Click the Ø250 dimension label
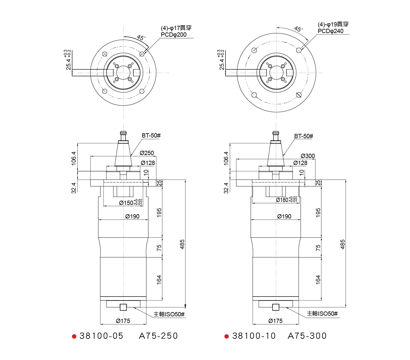(147, 153)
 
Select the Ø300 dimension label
(308, 156)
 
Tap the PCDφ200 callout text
(174, 35)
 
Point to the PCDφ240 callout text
(331, 31)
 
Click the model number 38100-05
(102, 336)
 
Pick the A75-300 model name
(307, 336)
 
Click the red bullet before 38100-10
(226, 336)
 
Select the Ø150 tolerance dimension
(131, 202)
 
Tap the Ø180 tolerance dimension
(287, 199)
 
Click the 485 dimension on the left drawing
(182, 244)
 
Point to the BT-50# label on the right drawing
(304, 136)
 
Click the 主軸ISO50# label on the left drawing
(169, 314)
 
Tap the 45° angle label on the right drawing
(299, 29)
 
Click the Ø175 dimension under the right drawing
(275, 321)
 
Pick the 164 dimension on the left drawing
(159, 280)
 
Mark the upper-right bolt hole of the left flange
(142, 54)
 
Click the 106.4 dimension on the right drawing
(226, 158)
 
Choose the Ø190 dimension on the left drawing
(132, 217)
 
